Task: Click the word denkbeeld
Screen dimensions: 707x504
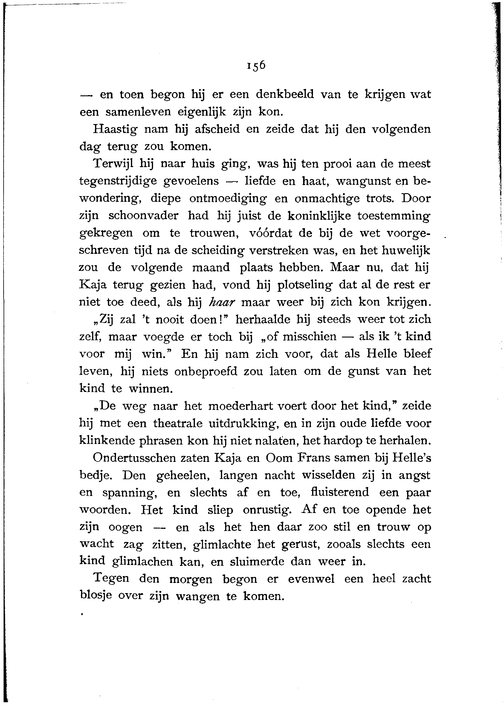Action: click(285, 94)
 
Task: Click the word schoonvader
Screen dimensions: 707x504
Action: click(143, 216)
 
